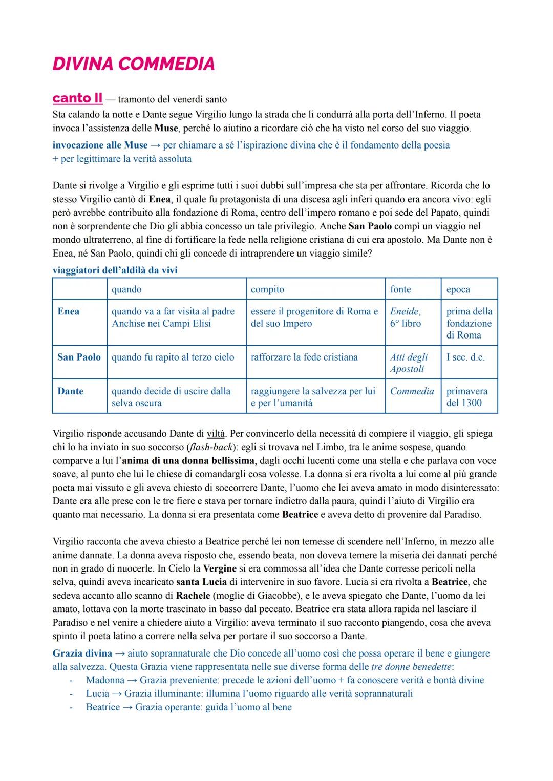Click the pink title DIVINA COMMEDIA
pos(134,64)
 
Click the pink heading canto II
pos(77,98)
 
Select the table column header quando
pos(126,289)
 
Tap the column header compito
pos(267,289)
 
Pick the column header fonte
pos(400,289)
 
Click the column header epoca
pos(458,289)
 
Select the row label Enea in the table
pos(69,311)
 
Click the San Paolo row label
pos(79,357)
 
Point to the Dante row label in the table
pos(70,391)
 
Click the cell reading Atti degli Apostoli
pos(409,363)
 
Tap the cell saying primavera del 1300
pos(466,397)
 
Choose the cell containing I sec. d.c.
pos(465,357)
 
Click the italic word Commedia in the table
pos(412,391)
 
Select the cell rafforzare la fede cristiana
pos(304,357)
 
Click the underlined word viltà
pos(216,434)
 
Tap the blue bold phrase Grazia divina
pos(82,653)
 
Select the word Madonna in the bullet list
pos(105,680)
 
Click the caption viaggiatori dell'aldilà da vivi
pos(115,270)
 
